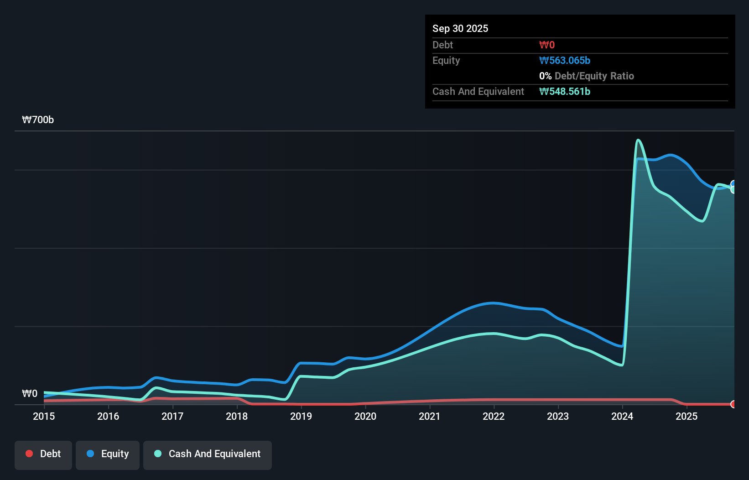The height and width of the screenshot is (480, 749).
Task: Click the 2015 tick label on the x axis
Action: (44, 416)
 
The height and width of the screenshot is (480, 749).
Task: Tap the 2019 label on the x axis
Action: (301, 416)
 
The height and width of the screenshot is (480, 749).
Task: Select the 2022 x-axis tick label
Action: (494, 416)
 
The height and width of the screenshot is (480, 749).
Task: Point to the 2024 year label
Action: (622, 416)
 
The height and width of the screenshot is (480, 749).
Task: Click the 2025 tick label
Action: (687, 416)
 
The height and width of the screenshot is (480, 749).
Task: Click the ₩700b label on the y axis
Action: (38, 120)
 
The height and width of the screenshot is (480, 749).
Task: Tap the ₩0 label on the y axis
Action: (30, 394)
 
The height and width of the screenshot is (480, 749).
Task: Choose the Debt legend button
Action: (43, 454)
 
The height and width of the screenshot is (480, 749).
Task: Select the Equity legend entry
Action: (108, 454)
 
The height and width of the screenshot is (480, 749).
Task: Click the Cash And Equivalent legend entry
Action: (208, 454)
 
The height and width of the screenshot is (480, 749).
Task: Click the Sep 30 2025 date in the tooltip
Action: (460, 28)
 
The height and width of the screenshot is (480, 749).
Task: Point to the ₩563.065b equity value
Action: (564, 61)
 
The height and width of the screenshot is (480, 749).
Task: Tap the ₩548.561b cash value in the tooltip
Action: (564, 92)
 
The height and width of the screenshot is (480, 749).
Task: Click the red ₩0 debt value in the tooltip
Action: (546, 45)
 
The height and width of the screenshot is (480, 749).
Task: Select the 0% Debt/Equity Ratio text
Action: (586, 76)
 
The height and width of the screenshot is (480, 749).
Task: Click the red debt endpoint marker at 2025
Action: (733, 404)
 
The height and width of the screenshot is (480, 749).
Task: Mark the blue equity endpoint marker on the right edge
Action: (733, 184)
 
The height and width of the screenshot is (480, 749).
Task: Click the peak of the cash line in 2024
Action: (638, 140)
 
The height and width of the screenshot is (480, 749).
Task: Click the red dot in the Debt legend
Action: (29, 454)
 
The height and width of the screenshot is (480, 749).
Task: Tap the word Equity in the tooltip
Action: (446, 61)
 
